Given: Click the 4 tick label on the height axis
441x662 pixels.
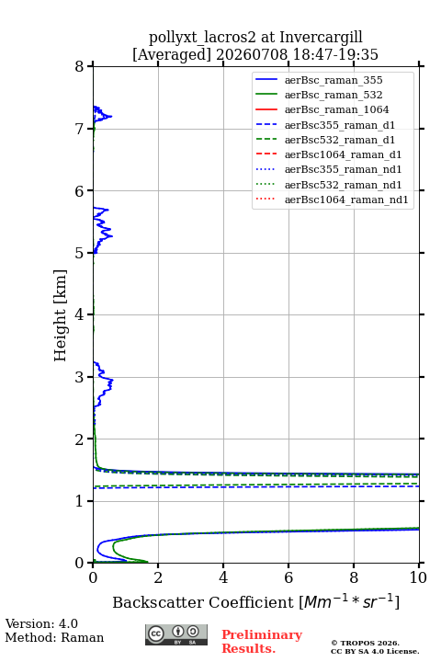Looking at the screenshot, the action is click(80, 315).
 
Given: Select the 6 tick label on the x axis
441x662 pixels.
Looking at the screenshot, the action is click(288, 577).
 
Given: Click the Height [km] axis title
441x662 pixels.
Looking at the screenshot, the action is click(61, 315).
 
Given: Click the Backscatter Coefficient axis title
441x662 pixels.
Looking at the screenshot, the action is click(255, 601).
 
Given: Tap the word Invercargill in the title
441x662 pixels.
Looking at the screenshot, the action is click(321, 38).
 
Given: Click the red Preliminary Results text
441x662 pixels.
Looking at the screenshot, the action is click(262, 642).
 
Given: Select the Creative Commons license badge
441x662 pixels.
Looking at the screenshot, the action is click(176, 635).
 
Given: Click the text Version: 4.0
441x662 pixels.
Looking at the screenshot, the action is click(41, 623).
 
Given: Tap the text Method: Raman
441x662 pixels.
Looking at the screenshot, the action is click(54, 637).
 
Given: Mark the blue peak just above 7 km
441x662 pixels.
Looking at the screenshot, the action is click(111, 116).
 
